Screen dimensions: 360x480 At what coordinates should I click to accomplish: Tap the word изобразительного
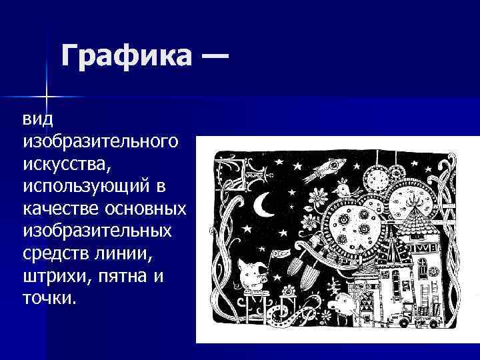[x=100, y=142]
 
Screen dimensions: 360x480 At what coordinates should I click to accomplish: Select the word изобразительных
[x=97, y=231]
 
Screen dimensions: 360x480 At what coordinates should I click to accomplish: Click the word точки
[x=49, y=297]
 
